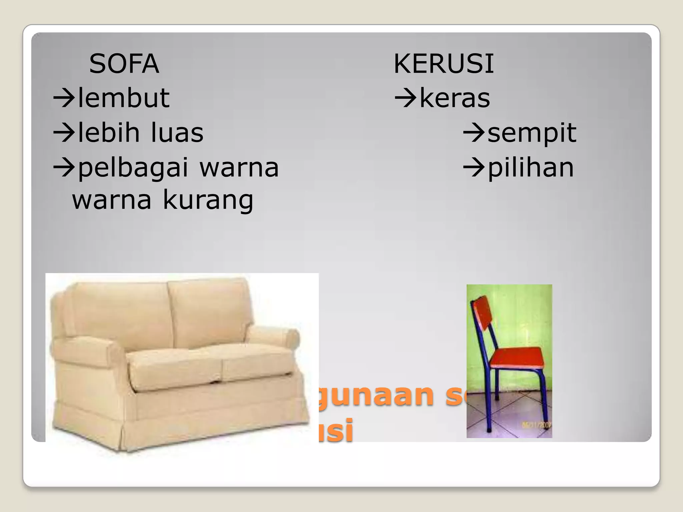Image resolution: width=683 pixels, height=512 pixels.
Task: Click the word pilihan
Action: click(531, 167)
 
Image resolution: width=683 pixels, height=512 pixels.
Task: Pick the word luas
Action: click(177, 132)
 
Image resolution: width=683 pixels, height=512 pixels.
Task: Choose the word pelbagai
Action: click(133, 168)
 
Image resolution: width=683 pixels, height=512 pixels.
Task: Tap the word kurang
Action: click(208, 200)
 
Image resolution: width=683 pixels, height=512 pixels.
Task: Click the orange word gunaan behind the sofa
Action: click(374, 395)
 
